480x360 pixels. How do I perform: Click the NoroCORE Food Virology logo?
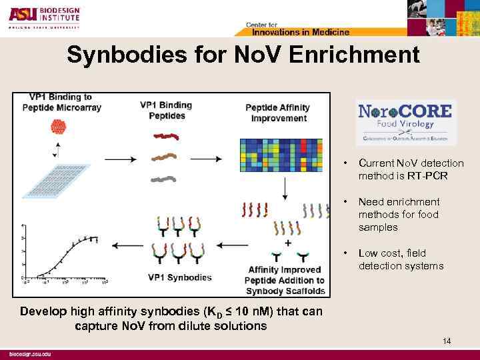point(405,121)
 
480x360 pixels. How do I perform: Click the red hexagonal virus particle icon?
point(59,127)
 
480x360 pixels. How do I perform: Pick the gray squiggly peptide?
point(163,179)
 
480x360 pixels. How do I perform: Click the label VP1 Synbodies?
point(180,277)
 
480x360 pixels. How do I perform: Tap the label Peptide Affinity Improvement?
point(276,113)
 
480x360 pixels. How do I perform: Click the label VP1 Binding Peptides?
point(166,110)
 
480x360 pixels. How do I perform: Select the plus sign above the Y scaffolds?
point(288,244)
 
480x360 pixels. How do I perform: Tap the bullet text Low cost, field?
point(392,253)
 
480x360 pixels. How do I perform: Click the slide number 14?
point(446,341)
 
